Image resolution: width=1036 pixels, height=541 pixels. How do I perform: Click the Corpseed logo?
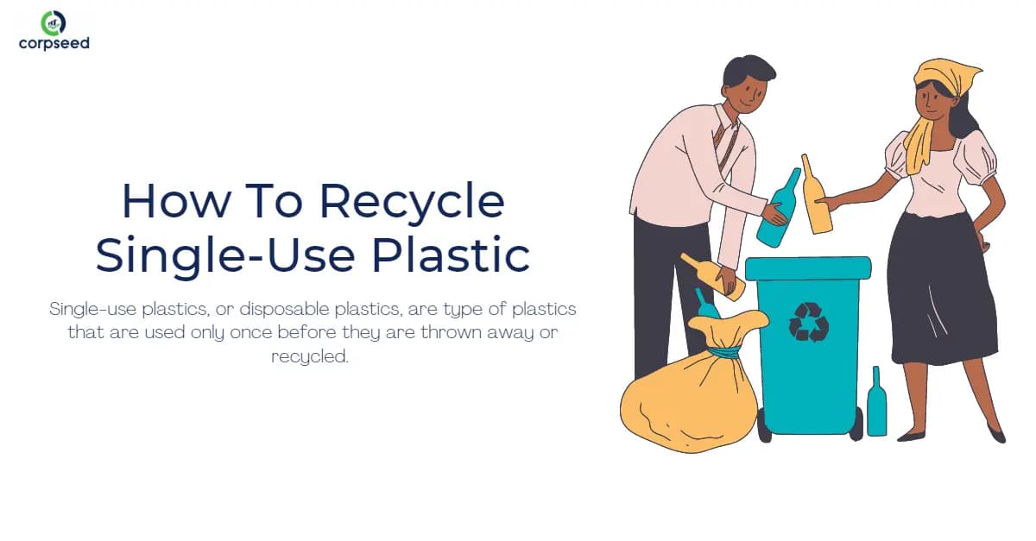pyautogui.click(x=54, y=30)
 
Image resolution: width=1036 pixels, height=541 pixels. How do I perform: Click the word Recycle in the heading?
pyautogui.click(x=412, y=200)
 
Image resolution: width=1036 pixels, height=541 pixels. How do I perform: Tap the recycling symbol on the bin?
pyautogui.click(x=808, y=321)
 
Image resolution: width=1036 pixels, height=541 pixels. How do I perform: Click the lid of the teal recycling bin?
pyautogui.click(x=808, y=267)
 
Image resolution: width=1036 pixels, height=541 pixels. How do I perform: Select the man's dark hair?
pyautogui.click(x=747, y=69)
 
